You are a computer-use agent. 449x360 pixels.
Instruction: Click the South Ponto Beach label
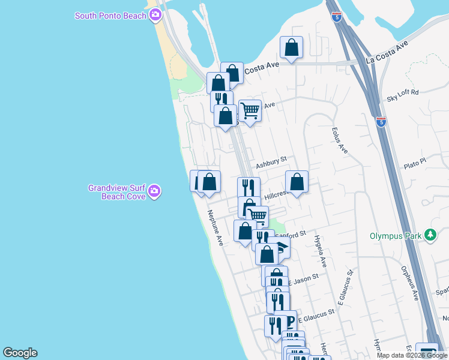tap(110, 16)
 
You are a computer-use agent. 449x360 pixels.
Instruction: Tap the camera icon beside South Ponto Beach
tap(155, 15)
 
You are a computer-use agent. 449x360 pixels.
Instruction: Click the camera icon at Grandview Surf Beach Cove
tap(154, 191)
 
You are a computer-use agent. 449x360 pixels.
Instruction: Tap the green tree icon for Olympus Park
tap(430, 235)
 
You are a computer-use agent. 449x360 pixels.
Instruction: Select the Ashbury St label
tap(271, 163)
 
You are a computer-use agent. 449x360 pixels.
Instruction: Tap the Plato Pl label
tap(414, 163)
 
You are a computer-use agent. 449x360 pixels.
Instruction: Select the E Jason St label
tap(303, 279)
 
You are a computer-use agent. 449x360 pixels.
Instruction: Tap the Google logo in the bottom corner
tap(20, 353)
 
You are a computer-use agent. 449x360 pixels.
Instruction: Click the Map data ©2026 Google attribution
tap(412, 355)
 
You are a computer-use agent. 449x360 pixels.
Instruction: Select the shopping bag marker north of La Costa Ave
tap(291, 47)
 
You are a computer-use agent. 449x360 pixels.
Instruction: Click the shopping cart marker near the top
tap(250, 110)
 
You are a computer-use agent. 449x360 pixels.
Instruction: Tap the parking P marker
tap(289, 321)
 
